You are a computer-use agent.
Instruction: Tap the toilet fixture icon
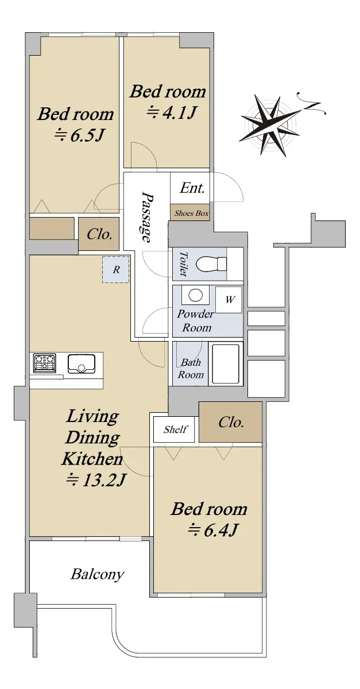click(x=211, y=264)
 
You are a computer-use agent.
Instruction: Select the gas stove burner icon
click(x=45, y=363)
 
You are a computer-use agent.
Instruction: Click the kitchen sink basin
click(x=81, y=363)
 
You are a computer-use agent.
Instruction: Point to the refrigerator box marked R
click(x=115, y=269)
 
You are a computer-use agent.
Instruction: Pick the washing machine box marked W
click(x=229, y=300)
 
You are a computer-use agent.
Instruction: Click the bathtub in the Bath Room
click(x=226, y=364)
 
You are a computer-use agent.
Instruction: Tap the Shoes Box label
click(x=191, y=213)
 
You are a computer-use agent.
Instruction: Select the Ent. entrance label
click(x=192, y=188)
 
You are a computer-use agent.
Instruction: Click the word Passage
click(x=147, y=217)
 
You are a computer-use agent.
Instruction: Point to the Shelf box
click(x=174, y=429)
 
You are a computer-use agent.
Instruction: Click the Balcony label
click(x=97, y=574)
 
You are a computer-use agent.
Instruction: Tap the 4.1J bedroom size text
click(x=171, y=113)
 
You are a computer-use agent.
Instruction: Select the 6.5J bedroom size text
click(x=79, y=135)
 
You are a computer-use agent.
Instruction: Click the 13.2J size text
click(x=96, y=479)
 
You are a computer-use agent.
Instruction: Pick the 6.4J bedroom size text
click(x=212, y=530)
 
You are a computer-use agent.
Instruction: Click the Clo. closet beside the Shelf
click(x=230, y=422)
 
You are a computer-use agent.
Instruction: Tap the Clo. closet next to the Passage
click(x=99, y=234)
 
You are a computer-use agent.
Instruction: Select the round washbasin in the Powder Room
click(x=195, y=296)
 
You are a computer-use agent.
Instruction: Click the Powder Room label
click(x=196, y=321)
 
